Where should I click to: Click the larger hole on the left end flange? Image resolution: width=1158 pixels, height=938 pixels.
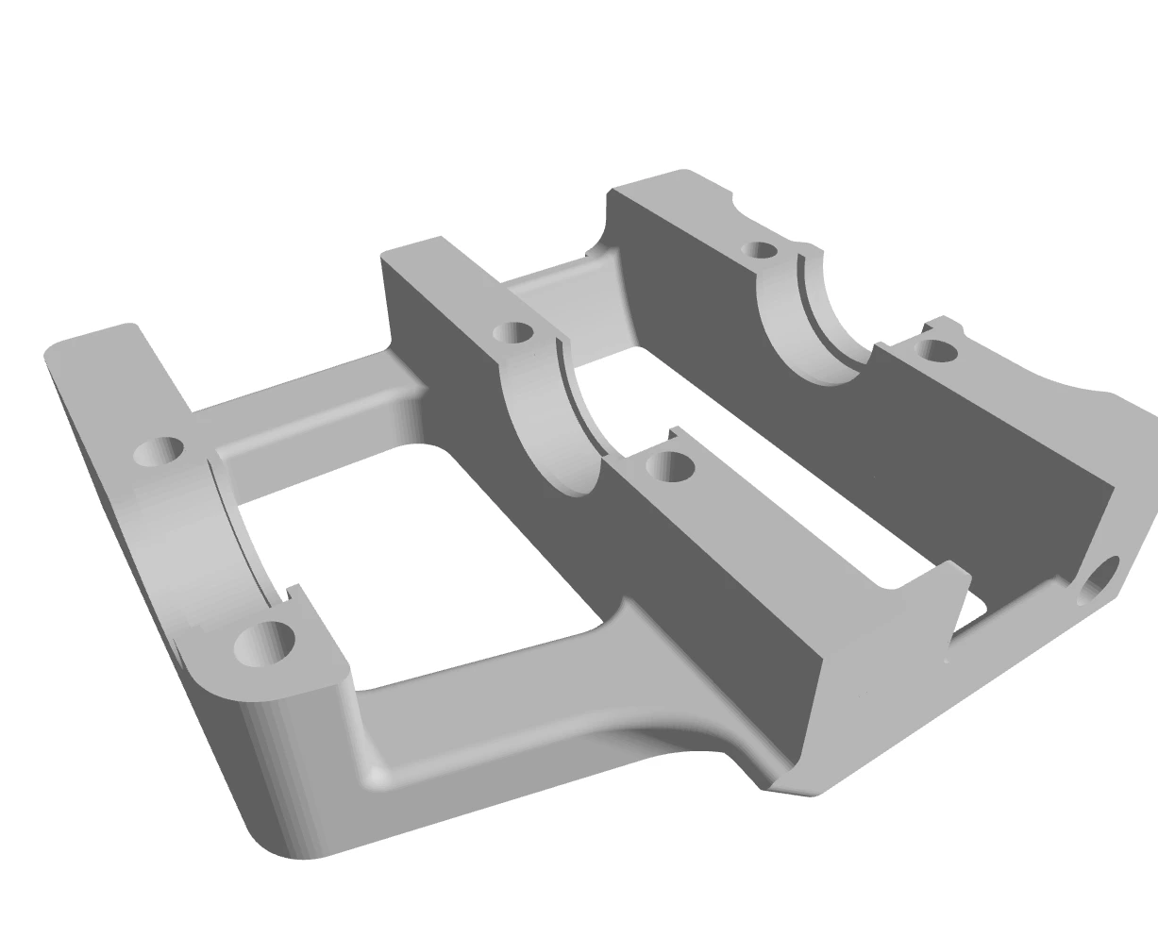[264, 645]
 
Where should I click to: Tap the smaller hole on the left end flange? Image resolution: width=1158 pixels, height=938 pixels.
[159, 451]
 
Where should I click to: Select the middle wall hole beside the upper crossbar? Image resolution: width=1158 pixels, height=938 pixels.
[513, 332]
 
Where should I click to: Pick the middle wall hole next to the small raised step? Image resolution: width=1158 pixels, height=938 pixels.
[672, 466]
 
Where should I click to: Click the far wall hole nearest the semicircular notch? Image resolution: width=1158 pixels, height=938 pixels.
[760, 250]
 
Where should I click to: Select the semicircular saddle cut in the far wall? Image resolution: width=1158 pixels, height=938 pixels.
[812, 321]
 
